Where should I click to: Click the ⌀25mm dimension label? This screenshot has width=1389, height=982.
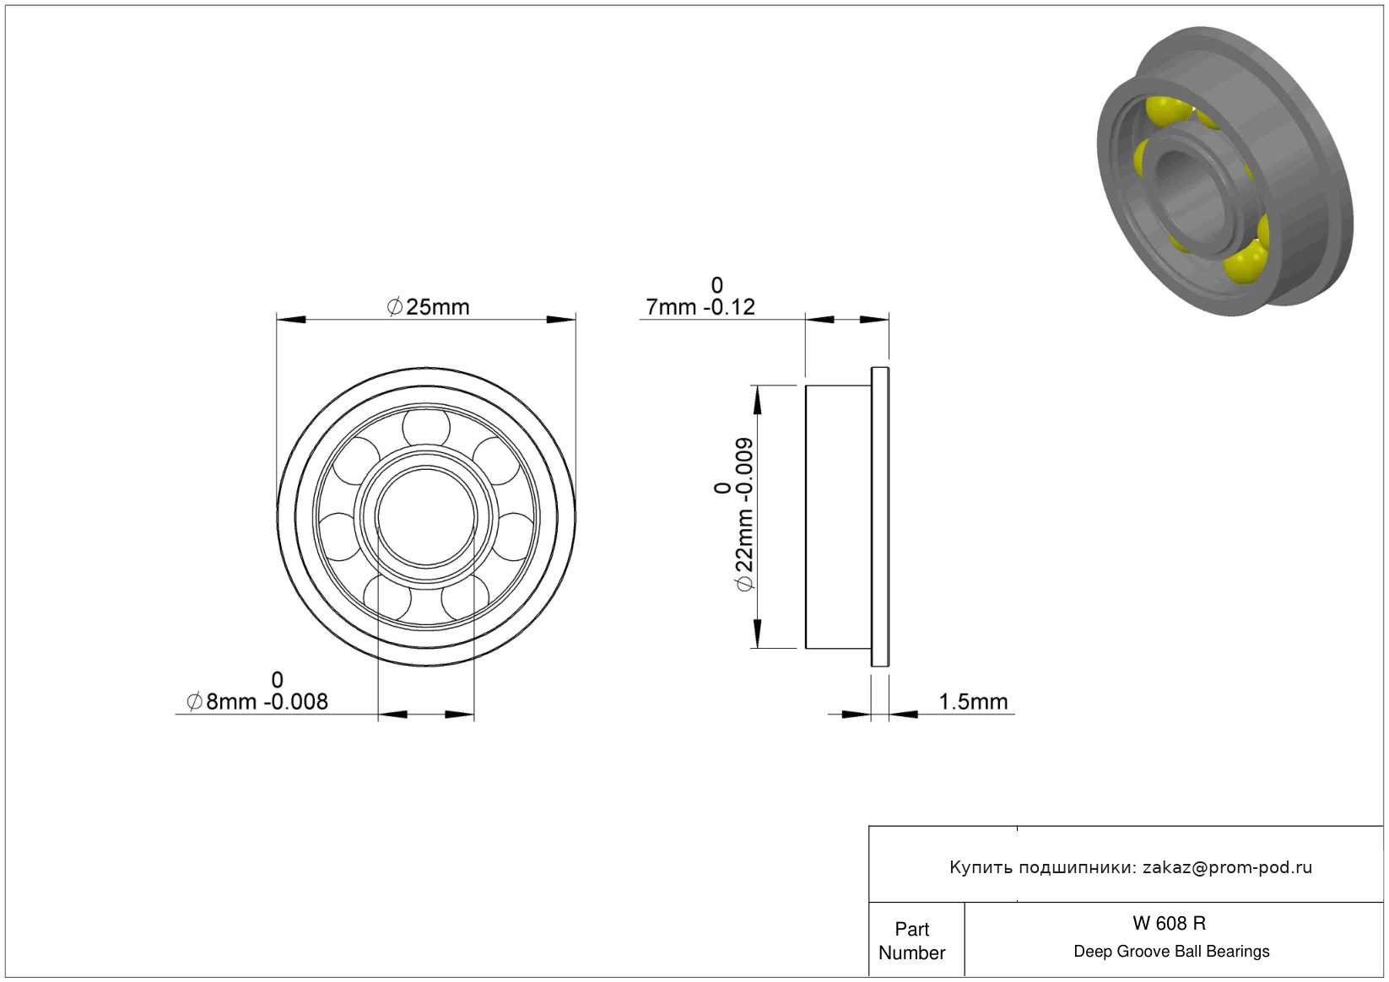pos(428,307)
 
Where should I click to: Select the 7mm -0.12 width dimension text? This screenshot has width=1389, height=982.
pos(700,307)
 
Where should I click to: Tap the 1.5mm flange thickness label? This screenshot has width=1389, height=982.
pos(973,702)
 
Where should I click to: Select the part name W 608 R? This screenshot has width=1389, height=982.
pos(1169,923)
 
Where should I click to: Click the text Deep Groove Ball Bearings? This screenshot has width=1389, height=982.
pos(1171,951)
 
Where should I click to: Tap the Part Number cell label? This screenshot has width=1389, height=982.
pos(911,941)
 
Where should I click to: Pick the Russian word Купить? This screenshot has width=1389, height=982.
pos(981,867)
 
